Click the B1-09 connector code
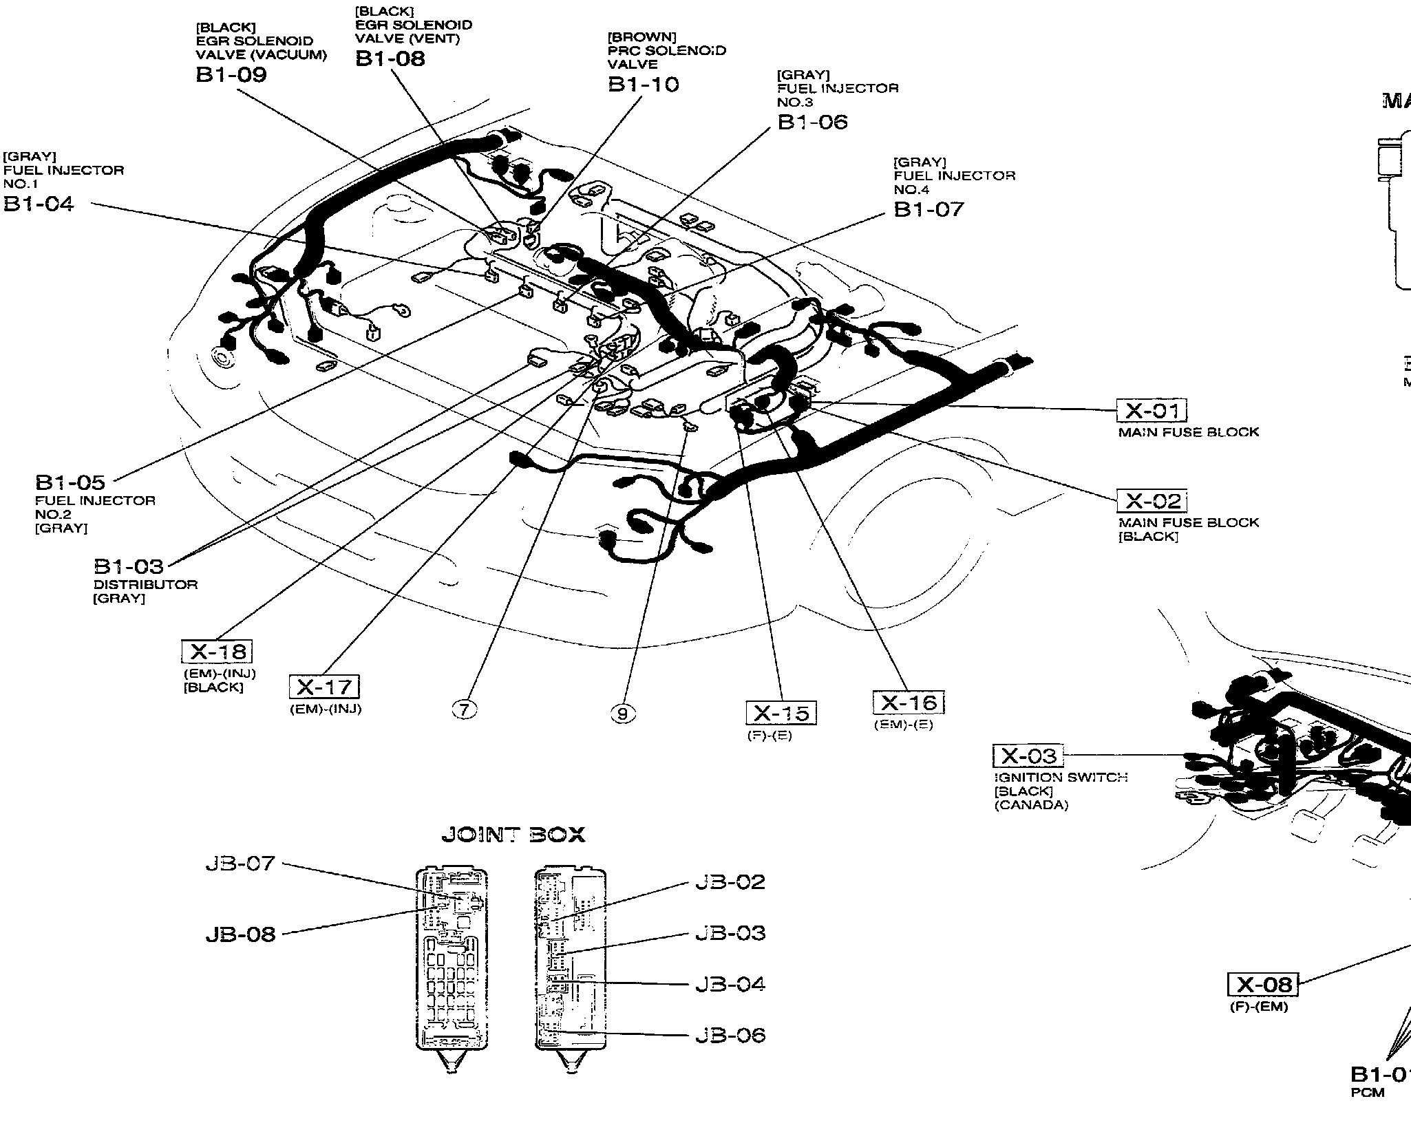click(x=231, y=74)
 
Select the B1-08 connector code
click(x=390, y=58)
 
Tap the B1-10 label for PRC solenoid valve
click(x=643, y=85)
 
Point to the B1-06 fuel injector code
click(x=812, y=122)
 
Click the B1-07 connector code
click(x=929, y=209)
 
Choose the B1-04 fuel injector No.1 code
click(x=39, y=204)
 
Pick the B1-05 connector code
click(x=70, y=482)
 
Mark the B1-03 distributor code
click(x=129, y=566)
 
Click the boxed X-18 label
click(x=217, y=652)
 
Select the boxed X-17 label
click(x=324, y=687)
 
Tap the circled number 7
click(x=465, y=709)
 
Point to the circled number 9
click(x=623, y=714)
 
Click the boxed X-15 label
click(x=781, y=713)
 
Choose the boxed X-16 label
click(x=909, y=703)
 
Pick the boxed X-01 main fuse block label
click(x=1152, y=411)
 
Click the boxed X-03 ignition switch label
click(x=1028, y=756)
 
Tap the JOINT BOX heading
click(x=513, y=835)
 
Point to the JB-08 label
click(x=240, y=934)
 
